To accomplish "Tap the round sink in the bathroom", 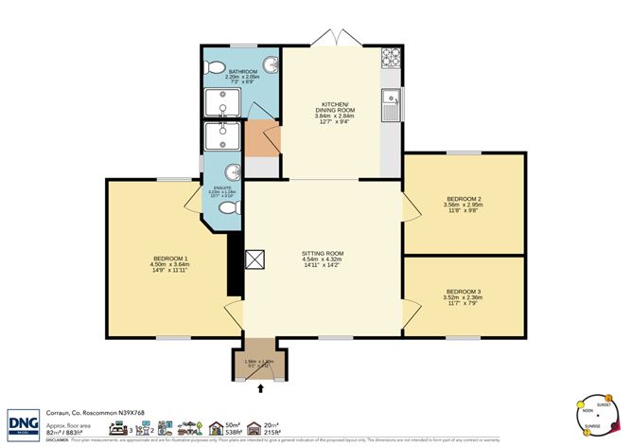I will tap(271, 65).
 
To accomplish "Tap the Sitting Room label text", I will tap(322, 257).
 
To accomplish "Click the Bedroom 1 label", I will tap(171, 263).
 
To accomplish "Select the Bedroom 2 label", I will tap(463, 203).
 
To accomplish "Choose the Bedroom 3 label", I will tap(463, 295).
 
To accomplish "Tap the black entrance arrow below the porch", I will tap(261, 388).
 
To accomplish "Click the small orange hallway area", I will tap(260, 139).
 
